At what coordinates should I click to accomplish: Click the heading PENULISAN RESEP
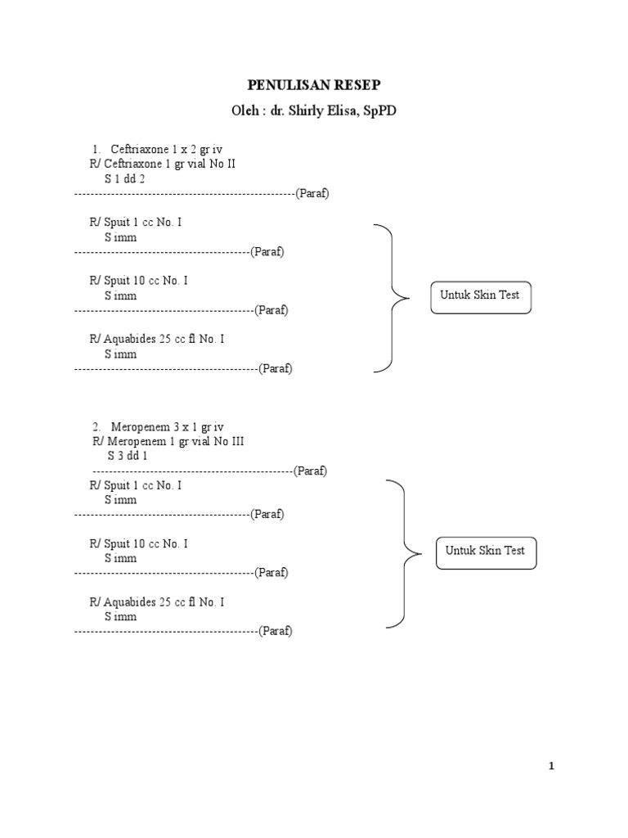pyautogui.click(x=314, y=85)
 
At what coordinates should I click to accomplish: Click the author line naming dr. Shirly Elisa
pyautogui.click(x=314, y=111)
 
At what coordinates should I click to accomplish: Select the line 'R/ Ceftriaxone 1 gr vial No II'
pyautogui.click(x=162, y=164)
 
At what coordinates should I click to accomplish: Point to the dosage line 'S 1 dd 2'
pyautogui.click(x=124, y=178)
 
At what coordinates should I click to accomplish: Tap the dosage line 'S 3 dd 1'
pyautogui.click(x=128, y=456)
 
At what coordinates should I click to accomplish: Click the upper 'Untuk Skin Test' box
pyautogui.click(x=481, y=295)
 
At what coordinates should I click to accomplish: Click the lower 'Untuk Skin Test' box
pyautogui.click(x=486, y=552)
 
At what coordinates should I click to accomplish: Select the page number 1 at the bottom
pyautogui.click(x=551, y=766)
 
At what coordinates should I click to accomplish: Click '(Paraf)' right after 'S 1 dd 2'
pyautogui.click(x=312, y=193)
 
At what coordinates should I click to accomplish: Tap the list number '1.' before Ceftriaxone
pyautogui.click(x=96, y=149)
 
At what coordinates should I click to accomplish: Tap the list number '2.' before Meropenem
pyautogui.click(x=96, y=426)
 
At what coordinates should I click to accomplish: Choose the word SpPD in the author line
pyautogui.click(x=379, y=111)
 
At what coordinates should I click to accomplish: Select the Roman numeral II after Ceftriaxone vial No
pyautogui.click(x=230, y=164)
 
